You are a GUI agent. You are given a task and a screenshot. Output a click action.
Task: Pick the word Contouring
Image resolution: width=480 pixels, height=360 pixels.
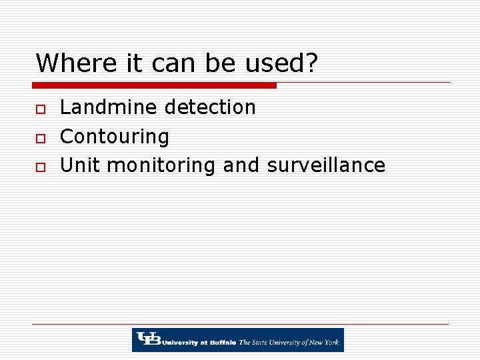pos(115,137)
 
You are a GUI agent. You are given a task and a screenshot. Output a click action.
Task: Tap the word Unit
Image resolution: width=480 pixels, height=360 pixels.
pos(80,165)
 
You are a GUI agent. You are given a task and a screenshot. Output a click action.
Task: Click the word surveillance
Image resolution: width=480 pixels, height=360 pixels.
pos(326,165)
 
